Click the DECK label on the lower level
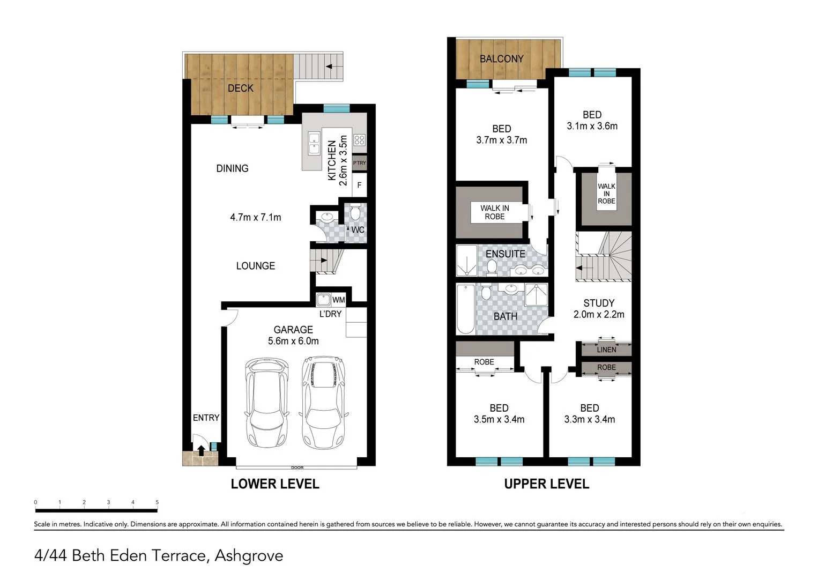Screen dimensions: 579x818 tap(240, 88)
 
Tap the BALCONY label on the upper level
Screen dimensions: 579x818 tap(501, 58)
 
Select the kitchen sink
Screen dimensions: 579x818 tap(314, 144)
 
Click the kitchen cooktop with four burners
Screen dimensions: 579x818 tap(359, 140)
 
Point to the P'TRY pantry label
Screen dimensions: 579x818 tap(359, 163)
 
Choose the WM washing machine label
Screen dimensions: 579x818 tap(338, 300)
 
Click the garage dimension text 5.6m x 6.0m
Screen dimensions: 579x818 tap(293, 341)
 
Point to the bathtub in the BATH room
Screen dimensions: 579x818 tap(465, 309)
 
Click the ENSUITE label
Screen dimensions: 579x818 tap(505, 254)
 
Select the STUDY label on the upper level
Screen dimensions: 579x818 tap(599, 303)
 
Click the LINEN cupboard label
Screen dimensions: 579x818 tap(606, 350)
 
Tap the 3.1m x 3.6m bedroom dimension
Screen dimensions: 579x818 tap(592, 126)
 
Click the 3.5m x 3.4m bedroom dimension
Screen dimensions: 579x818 tap(499, 419)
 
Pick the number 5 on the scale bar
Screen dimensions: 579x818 tap(157, 502)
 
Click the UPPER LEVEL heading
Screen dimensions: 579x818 tap(546, 484)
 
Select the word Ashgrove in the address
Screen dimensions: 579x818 tap(249, 555)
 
